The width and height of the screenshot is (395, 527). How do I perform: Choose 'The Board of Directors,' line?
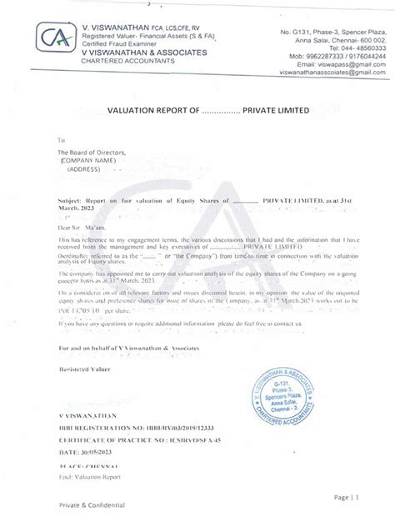pos(90,154)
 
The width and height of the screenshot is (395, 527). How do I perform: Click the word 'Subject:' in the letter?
pos(72,202)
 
